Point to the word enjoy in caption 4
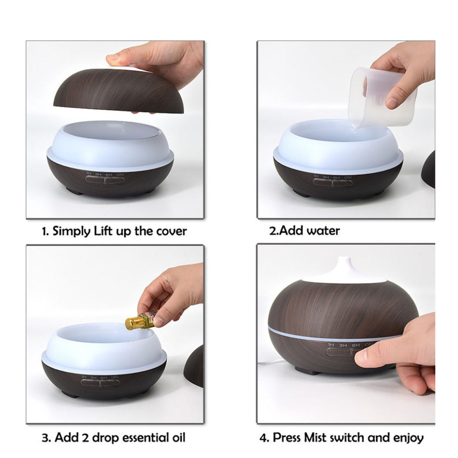tap(408, 437)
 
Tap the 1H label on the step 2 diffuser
tap(316, 177)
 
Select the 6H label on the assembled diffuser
tap(356, 345)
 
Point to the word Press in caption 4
tap(286, 437)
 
